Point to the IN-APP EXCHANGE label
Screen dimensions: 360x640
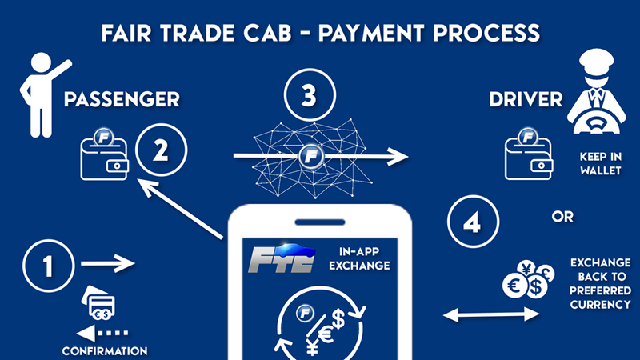pos(359,258)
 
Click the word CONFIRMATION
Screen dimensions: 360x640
pos(105,350)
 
